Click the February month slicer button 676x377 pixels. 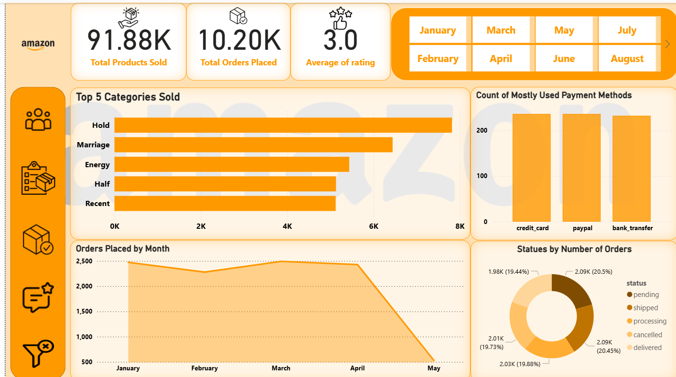[438, 59]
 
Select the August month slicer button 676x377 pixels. [627, 59]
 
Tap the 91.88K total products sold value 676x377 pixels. [128, 40]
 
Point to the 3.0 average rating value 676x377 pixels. [340, 40]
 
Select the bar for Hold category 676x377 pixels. [283, 125]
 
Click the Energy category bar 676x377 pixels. [232, 164]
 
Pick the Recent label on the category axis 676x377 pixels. [97, 204]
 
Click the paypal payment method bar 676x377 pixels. [581, 168]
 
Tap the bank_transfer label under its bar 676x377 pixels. [632, 228]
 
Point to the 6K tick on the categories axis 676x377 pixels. [373, 226]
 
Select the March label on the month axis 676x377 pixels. [281, 368]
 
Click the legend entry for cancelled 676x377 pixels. [647, 334]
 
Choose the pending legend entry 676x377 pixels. [646, 295]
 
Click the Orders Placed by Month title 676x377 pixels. [123, 249]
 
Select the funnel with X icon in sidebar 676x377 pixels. [38, 353]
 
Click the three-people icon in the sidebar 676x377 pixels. [38, 119]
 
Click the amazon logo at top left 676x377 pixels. [38, 44]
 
